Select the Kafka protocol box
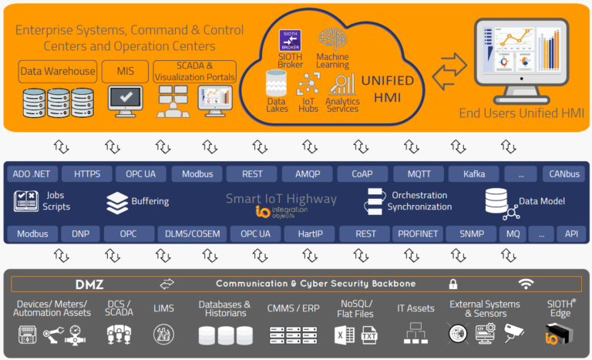tap(474, 173)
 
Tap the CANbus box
tap(562, 173)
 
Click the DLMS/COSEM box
tap(193, 234)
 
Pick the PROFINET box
tap(418, 234)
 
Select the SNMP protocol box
tap(472, 234)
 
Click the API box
tap(571, 234)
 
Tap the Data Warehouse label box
tap(58, 72)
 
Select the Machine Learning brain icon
tap(333, 39)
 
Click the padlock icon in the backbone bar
tap(453, 284)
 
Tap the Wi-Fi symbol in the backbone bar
tap(526, 284)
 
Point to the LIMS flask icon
tap(163, 334)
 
